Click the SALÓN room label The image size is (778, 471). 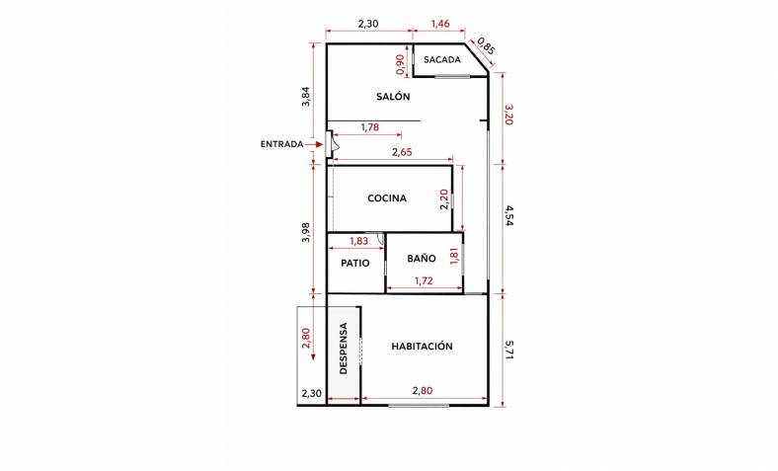click(x=393, y=97)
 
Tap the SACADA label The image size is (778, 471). click(x=442, y=59)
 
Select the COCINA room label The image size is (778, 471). click(x=387, y=198)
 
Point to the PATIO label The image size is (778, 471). click(x=355, y=263)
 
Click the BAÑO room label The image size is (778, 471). click(x=422, y=258)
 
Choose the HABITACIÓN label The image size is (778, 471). click(x=422, y=346)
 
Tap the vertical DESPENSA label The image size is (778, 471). click(x=344, y=349)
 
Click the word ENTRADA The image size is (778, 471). click(x=281, y=144)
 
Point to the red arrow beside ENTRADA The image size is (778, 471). click(x=314, y=144)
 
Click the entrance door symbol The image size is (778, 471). click(x=331, y=144)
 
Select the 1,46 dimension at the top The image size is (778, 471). click(x=440, y=24)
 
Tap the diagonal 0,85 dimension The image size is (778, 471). click(x=486, y=45)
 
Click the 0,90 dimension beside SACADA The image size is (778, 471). click(x=401, y=64)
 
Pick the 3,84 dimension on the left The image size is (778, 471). click(x=306, y=97)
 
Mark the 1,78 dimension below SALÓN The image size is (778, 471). click(x=370, y=127)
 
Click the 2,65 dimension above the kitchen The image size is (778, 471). click(x=402, y=152)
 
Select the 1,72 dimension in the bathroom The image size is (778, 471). click(x=424, y=280)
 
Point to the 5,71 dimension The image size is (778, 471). click(x=508, y=351)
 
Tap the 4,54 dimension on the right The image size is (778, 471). click(x=508, y=216)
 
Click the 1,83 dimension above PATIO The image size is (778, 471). click(x=358, y=241)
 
